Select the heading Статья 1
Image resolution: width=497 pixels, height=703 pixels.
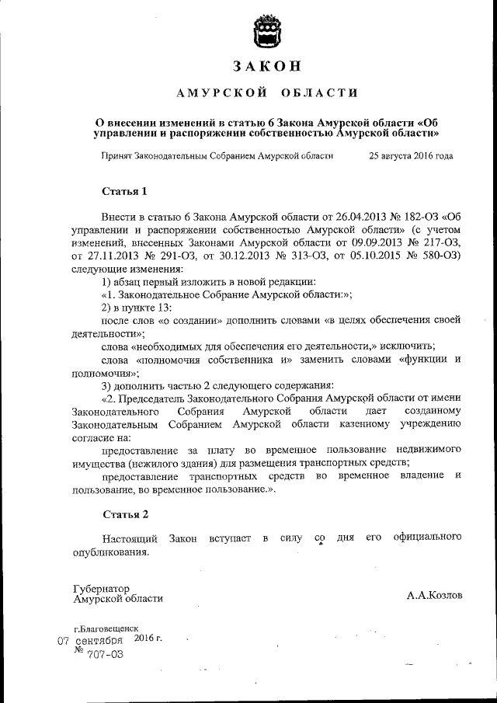pos(124,190)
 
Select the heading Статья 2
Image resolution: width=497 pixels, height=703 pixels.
pos(124,514)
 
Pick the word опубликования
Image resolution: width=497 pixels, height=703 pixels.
pos(109,552)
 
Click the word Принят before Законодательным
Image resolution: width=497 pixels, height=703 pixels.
pos(116,155)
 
